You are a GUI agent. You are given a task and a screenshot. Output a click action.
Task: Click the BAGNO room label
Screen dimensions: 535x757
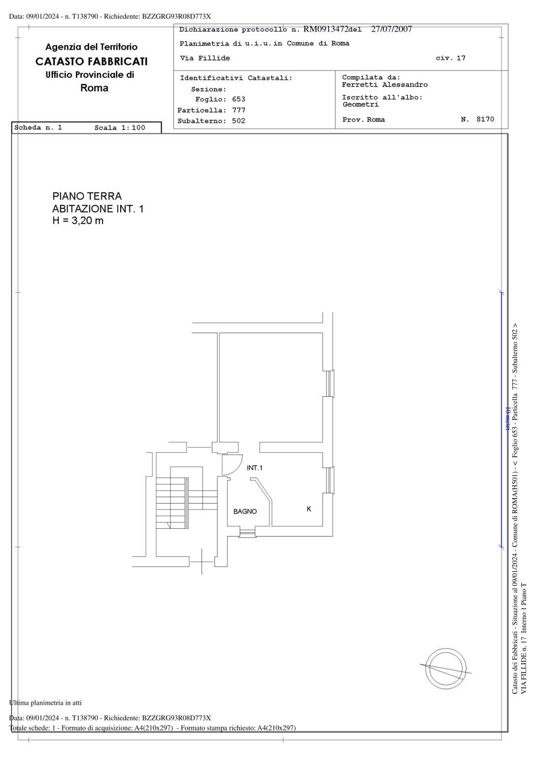click(245, 512)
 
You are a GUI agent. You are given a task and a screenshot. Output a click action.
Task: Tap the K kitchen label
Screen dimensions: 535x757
click(309, 509)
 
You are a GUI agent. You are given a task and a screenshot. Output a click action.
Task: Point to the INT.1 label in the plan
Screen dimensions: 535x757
click(254, 468)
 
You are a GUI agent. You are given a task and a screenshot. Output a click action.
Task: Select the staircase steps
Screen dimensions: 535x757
click(172, 503)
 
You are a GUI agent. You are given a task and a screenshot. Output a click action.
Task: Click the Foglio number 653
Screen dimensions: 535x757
click(238, 100)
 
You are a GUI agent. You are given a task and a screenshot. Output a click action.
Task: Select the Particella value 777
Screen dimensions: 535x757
click(238, 110)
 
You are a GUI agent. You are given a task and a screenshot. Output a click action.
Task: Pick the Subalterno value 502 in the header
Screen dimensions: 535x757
click(238, 121)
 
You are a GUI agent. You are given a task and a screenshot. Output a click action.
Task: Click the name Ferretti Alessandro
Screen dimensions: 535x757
click(385, 85)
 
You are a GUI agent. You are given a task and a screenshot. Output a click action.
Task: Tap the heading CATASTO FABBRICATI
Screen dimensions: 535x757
click(92, 62)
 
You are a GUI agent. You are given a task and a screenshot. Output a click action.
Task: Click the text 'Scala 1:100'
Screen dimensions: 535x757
click(120, 128)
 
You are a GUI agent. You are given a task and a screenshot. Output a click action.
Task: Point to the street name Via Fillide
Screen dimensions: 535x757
click(205, 58)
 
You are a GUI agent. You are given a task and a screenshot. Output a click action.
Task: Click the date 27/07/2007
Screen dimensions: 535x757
click(392, 29)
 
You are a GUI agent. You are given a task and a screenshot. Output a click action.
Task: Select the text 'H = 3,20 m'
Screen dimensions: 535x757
click(78, 221)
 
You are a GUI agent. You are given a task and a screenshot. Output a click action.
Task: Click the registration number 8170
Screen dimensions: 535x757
click(485, 119)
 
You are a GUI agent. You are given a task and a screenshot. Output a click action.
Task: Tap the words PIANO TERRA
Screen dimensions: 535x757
click(87, 196)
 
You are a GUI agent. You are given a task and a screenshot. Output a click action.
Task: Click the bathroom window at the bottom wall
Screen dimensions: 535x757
click(247, 533)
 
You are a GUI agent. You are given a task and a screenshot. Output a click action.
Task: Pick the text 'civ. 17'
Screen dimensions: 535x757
click(450, 58)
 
